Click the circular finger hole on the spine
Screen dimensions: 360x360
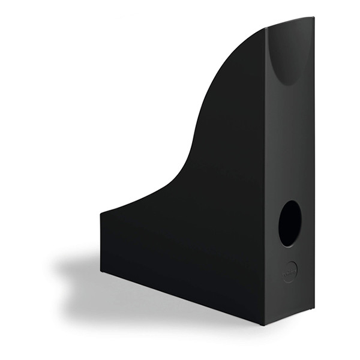(290, 223)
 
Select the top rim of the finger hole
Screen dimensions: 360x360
(290, 200)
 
